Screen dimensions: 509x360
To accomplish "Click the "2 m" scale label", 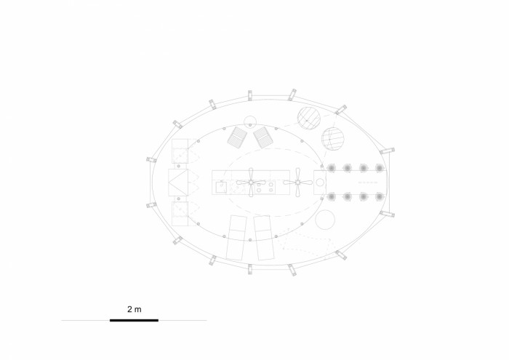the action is tap(135, 309).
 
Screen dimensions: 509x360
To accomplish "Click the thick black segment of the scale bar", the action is tap(134, 321).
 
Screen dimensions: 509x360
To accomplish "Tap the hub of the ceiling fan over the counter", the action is tap(251, 183).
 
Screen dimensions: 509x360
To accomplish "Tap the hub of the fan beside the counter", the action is tap(297, 183).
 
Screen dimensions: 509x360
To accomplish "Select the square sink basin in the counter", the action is tap(221, 188).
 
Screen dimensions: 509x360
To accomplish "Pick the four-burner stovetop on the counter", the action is tap(265, 188).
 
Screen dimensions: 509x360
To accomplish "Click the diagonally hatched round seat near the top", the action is tap(309, 119).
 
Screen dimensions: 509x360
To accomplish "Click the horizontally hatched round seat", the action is tap(332, 138).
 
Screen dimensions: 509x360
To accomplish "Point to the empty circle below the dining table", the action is tap(325, 220).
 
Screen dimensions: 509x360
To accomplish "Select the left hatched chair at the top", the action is tap(237, 137).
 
